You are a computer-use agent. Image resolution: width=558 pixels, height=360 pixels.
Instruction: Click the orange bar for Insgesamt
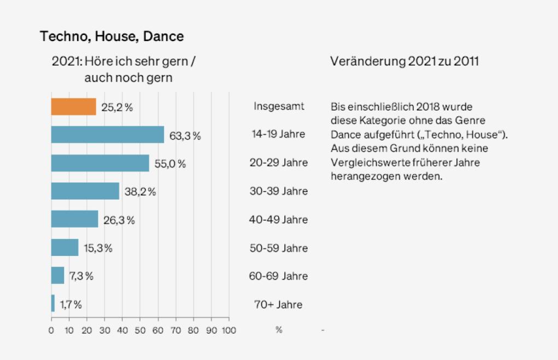[x=73, y=107]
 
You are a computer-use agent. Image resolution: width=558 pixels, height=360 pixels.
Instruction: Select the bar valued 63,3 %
[x=107, y=135]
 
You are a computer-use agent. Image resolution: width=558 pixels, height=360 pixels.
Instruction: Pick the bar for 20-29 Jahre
[x=100, y=163]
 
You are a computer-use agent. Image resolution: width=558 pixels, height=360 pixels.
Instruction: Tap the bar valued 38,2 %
[x=85, y=191]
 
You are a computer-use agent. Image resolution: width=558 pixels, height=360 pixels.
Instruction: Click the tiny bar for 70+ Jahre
[x=53, y=303]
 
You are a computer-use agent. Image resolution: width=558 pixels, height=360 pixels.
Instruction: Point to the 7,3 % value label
[x=81, y=276]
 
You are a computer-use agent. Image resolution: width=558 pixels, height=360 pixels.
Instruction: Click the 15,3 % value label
[x=98, y=248]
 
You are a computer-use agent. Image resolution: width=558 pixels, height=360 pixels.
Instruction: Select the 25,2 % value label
[x=117, y=107]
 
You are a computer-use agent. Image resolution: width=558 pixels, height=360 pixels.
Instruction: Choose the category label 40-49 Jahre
[x=278, y=219]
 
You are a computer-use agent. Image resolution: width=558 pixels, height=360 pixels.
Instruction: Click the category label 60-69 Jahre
[x=278, y=276]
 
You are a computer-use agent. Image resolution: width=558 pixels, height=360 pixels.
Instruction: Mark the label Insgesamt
[x=278, y=106]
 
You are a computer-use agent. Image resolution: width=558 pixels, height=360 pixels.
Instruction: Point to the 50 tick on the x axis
[x=140, y=330]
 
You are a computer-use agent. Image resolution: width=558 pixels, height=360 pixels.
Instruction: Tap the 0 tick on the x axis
[x=51, y=330]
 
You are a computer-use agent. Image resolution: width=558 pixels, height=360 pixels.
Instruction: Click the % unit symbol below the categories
[x=278, y=330]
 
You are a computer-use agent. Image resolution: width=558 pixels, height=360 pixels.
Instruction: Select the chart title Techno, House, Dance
[x=112, y=37]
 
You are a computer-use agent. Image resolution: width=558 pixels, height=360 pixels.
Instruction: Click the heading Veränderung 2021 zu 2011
[x=404, y=61]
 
